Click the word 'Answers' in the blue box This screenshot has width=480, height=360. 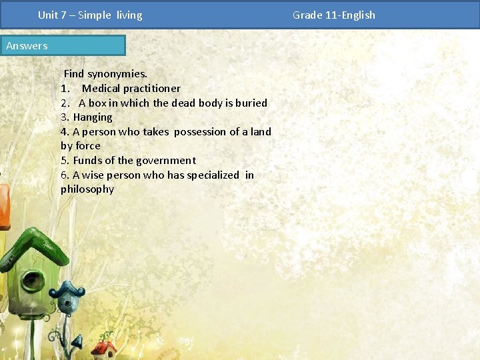point(27,46)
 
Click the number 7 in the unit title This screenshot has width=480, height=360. point(64,15)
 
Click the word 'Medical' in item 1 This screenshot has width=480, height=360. point(101,89)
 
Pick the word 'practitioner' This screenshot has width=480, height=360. point(151,89)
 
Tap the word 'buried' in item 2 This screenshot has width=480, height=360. point(251,103)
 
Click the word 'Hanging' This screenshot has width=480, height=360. point(93,117)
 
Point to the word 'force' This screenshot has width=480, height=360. point(88,146)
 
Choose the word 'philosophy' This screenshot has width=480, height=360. point(87,189)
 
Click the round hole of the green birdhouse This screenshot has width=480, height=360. point(31,281)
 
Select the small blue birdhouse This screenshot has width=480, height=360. point(67,299)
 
